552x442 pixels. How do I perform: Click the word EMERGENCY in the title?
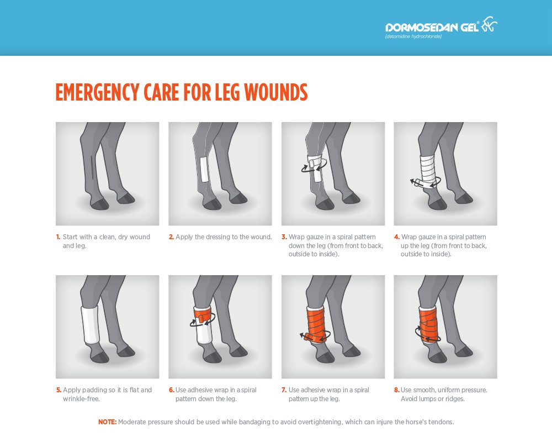97,92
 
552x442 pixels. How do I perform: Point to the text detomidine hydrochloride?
413,36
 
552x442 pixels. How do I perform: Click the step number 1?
58,237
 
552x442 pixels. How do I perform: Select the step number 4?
397,237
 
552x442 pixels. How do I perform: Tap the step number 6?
172,390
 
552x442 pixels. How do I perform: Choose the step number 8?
397,390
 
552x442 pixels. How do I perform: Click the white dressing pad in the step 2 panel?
204,169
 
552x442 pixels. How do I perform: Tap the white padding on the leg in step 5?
91,324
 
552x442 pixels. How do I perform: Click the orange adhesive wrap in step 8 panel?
428,324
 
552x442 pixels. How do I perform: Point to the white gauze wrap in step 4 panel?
428,171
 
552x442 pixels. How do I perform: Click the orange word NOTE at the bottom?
107,422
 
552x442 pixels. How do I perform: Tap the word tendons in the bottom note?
442,422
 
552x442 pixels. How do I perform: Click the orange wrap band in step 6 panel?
203,315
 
